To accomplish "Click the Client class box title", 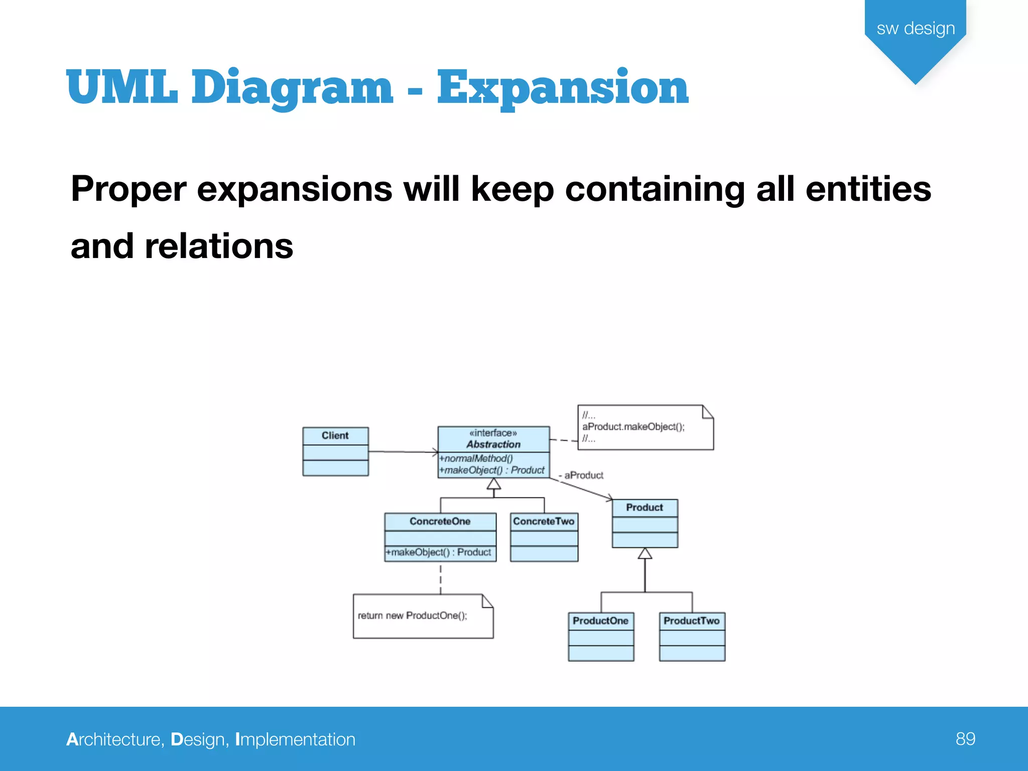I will [335, 436].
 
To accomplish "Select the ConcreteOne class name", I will [440, 522].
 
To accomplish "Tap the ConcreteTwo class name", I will [544, 522].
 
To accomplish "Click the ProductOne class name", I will [600, 621].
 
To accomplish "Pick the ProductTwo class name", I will [691, 621].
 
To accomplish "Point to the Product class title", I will [645, 507].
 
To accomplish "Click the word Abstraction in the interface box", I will [493, 444].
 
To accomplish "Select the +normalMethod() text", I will [476, 458].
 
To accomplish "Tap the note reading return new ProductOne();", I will [412, 616].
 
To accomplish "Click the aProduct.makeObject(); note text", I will [633, 427].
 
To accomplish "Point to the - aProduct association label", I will [581, 475].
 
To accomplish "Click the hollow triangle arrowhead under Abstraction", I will [494, 484].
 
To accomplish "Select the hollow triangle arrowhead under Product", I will [645, 554].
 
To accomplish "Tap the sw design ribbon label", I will [916, 29].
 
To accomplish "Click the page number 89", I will [965, 739].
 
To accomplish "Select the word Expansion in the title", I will [562, 88].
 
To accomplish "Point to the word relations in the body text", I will [219, 246].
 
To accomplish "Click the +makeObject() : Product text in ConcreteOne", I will [438, 552].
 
